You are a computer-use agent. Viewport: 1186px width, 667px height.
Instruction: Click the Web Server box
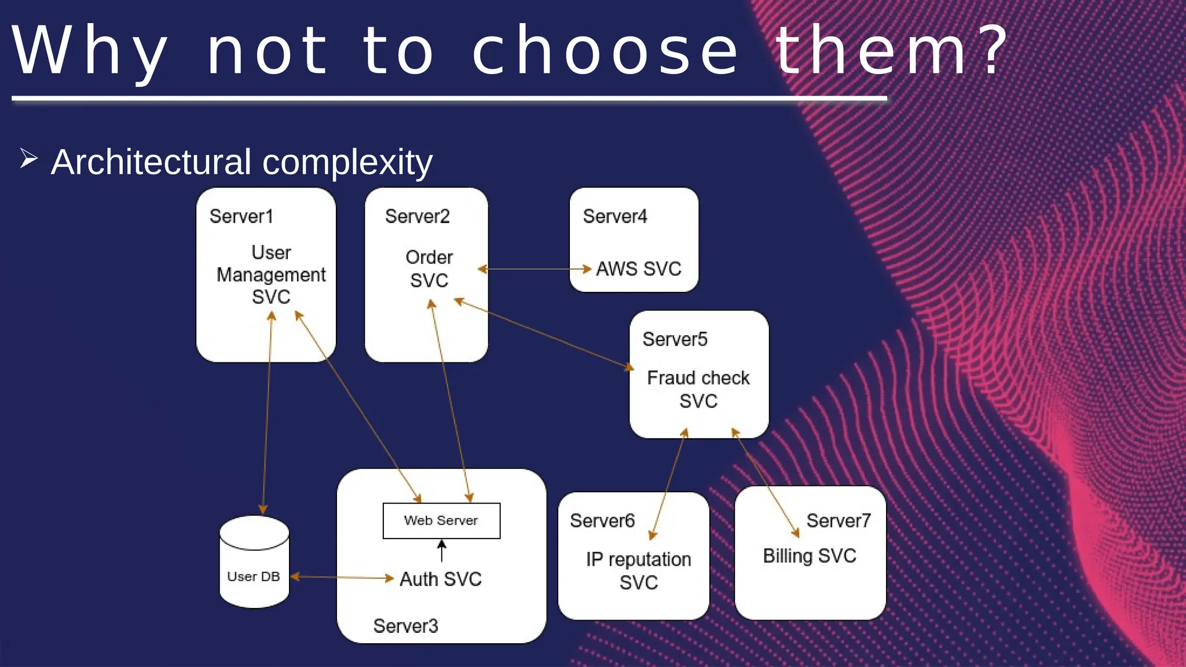tap(441, 521)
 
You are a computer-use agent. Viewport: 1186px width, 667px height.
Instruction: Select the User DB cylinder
tap(254, 562)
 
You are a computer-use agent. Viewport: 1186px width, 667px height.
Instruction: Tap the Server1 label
tap(241, 217)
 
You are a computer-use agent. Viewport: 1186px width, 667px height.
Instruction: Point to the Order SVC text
tap(429, 269)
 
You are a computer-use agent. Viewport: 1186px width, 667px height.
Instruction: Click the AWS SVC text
tap(639, 269)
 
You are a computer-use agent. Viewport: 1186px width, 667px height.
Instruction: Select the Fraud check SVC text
tap(698, 389)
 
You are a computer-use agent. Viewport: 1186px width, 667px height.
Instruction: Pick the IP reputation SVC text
tap(639, 570)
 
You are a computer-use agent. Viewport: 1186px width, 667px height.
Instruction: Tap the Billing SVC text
tap(809, 556)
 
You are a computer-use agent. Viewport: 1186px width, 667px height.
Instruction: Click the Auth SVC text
tap(441, 579)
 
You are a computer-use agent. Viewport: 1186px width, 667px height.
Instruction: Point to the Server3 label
tap(405, 626)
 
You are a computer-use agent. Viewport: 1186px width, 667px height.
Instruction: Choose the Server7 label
tap(839, 521)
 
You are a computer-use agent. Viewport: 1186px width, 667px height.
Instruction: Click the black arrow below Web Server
tap(442, 551)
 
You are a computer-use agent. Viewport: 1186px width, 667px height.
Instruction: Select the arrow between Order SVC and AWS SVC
tap(534, 269)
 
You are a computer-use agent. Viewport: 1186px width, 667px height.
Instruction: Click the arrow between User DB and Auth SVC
tap(342, 577)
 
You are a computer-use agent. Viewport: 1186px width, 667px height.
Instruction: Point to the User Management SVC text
tap(271, 274)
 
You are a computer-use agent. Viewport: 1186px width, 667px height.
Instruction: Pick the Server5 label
tap(675, 339)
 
